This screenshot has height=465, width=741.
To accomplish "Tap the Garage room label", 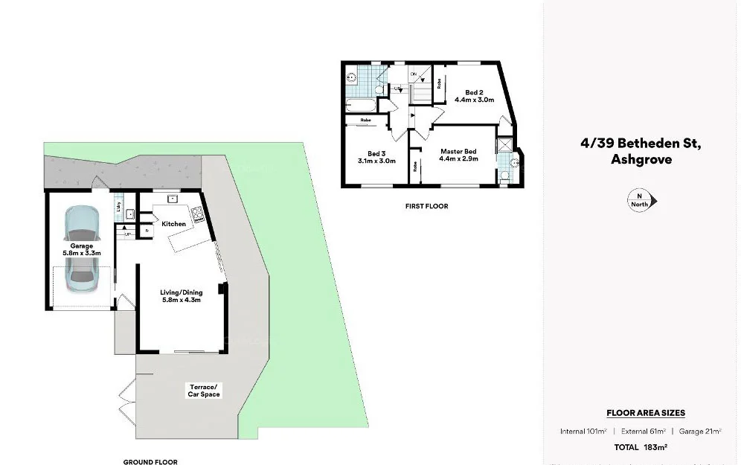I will (x=82, y=246).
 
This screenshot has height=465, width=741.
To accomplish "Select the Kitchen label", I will (x=173, y=223).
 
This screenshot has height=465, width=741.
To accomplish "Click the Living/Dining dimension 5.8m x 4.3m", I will (x=182, y=301).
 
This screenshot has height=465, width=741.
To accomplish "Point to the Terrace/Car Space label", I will (x=203, y=390).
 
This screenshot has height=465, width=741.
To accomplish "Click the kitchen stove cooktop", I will (x=199, y=216).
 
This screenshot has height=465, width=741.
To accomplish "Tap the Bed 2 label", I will (x=475, y=92).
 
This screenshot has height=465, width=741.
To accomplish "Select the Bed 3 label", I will (x=376, y=153).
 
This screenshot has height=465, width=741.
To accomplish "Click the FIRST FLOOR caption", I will (x=426, y=206).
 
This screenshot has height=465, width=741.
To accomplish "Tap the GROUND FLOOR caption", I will (x=150, y=461).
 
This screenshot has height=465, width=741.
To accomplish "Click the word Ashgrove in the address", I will (x=641, y=158).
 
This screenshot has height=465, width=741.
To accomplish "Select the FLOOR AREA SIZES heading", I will (x=646, y=413).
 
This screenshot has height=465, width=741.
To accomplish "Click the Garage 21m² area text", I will (x=703, y=432).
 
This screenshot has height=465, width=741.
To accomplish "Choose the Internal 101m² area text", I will (x=584, y=432).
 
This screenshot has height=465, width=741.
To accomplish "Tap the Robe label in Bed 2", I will (x=440, y=83).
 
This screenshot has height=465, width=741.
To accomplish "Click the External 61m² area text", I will (x=644, y=432).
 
